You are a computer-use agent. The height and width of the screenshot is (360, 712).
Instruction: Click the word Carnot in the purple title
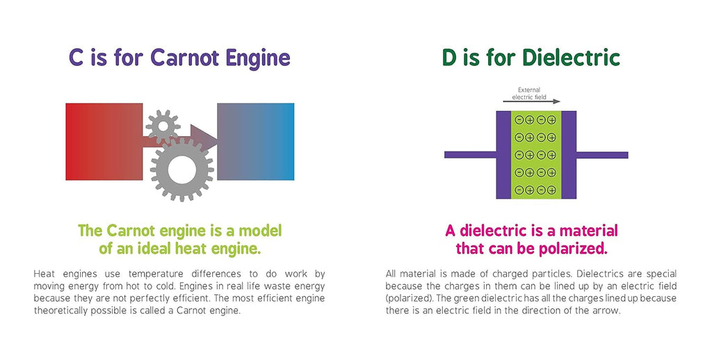[x=184, y=58]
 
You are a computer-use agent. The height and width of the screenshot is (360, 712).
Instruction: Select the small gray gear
[x=163, y=127]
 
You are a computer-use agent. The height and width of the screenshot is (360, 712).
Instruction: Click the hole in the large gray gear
[x=181, y=170]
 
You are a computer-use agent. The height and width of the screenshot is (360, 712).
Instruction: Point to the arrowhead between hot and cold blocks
[x=204, y=138]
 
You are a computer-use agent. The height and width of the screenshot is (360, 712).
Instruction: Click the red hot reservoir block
[x=104, y=142]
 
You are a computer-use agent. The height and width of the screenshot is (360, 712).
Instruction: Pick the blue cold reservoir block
[x=256, y=142]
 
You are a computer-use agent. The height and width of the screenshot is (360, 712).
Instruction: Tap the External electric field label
[x=529, y=94]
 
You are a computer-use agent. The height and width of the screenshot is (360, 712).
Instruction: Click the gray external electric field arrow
[x=532, y=101]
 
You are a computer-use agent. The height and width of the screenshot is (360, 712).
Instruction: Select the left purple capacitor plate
[x=503, y=155]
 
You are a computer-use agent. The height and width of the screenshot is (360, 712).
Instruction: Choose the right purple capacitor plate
[x=569, y=155]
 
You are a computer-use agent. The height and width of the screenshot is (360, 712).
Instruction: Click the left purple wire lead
[x=470, y=155]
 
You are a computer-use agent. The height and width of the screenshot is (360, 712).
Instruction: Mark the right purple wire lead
[x=602, y=155]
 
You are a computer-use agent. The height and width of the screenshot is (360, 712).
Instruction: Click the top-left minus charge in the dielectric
[x=519, y=120]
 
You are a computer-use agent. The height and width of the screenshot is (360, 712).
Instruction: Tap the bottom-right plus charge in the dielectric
[x=551, y=190]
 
